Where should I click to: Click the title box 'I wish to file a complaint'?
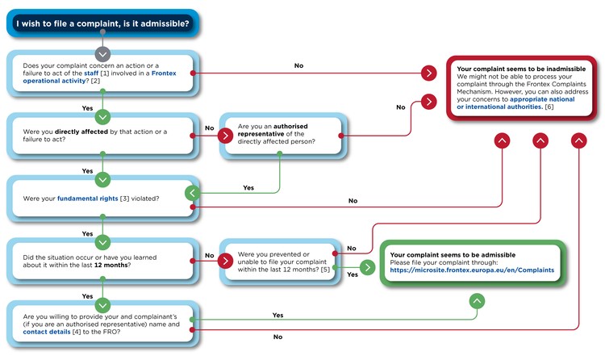click(x=102, y=23)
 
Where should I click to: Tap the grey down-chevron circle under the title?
click(x=102, y=54)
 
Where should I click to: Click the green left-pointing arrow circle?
click(x=192, y=193)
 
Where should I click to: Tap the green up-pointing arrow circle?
click(x=477, y=301)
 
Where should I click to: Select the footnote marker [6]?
click(x=549, y=107)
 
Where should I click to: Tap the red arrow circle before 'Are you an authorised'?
click(x=224, y=135)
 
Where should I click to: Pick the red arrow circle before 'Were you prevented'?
click(x=225, y=260)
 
